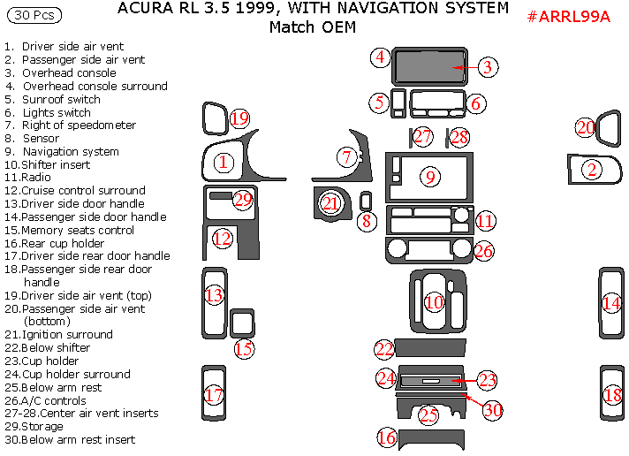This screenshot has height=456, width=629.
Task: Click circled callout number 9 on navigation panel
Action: (430, 177)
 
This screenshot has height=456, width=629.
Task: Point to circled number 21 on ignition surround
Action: (330, 203)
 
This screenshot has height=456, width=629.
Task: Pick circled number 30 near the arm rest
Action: (492, 411)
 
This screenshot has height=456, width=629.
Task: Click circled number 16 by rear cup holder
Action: (387, 437)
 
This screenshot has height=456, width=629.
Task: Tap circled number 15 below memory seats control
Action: (244, 349)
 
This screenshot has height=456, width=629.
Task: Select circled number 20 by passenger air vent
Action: (586, 128)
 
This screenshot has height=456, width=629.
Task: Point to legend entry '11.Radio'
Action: (27, 177)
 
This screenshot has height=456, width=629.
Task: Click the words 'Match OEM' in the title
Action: (313, 27)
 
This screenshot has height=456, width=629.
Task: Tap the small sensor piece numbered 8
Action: (367, 201)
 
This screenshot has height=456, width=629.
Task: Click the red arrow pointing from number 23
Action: (465, 381)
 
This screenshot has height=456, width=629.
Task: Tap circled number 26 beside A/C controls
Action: (482, 251)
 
